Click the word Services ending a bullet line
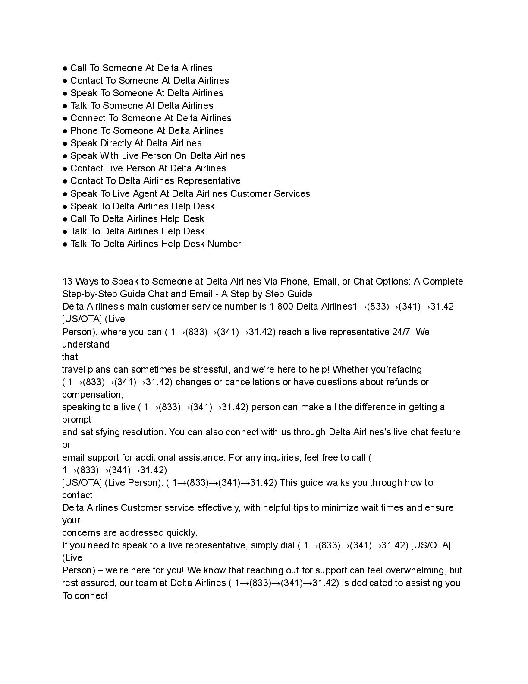(x=291, y=194)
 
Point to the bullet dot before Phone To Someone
(x=65, y=131)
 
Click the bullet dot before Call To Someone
(x=65, y=68)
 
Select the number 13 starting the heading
(x=67, y=282)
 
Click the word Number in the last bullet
(x=224, y=244)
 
